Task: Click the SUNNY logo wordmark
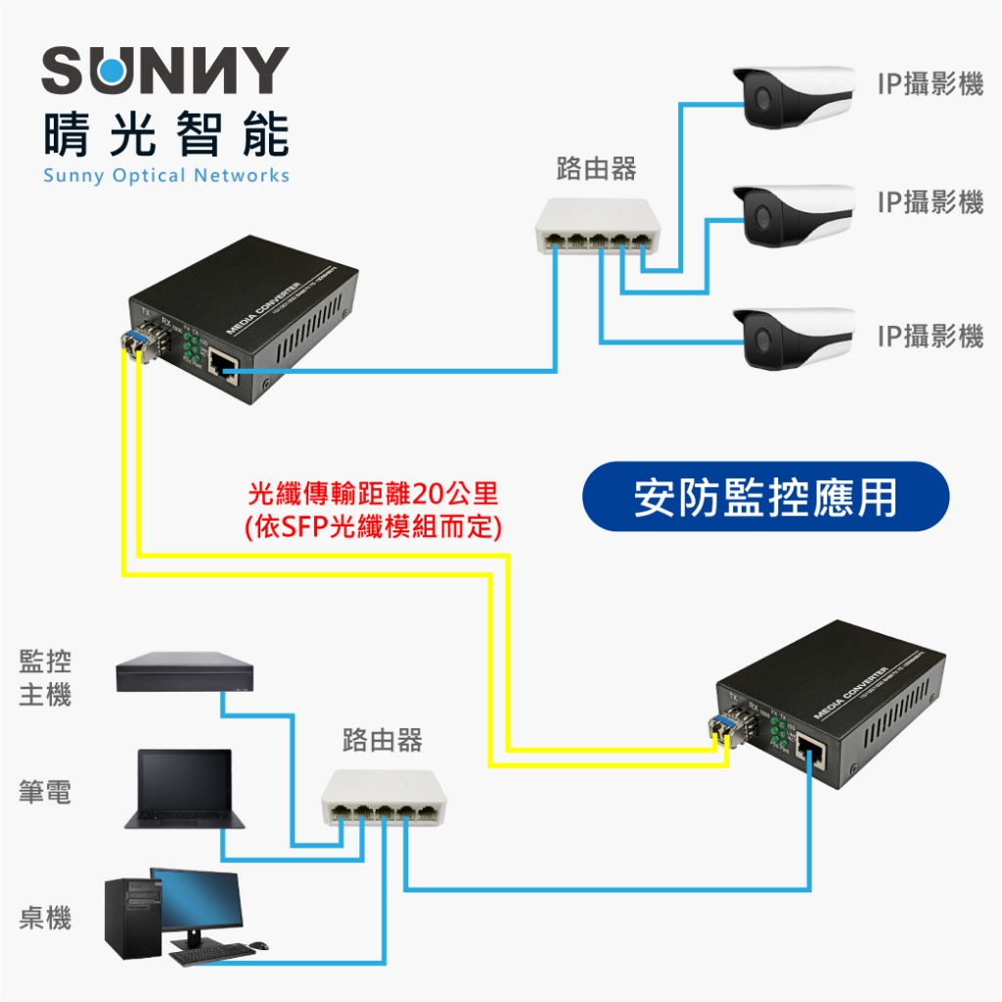pyautogui.click(x=165, y=70)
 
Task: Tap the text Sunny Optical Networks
pyautogui.click(x=165, y=176)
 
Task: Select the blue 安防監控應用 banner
pyautogui.click(x=765, y=497)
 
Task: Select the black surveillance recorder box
pyautogui.click(x=184, y=674)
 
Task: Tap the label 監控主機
pyautogui.click(x=45, y=678)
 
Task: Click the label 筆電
pyautogui.click(x=45, y=791)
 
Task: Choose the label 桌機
pyautogui.click(x=45, y=918)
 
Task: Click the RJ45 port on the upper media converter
pyautogui.click(x=223, y=370)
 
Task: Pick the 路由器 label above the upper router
pyautogui.click(x=596, y=168)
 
